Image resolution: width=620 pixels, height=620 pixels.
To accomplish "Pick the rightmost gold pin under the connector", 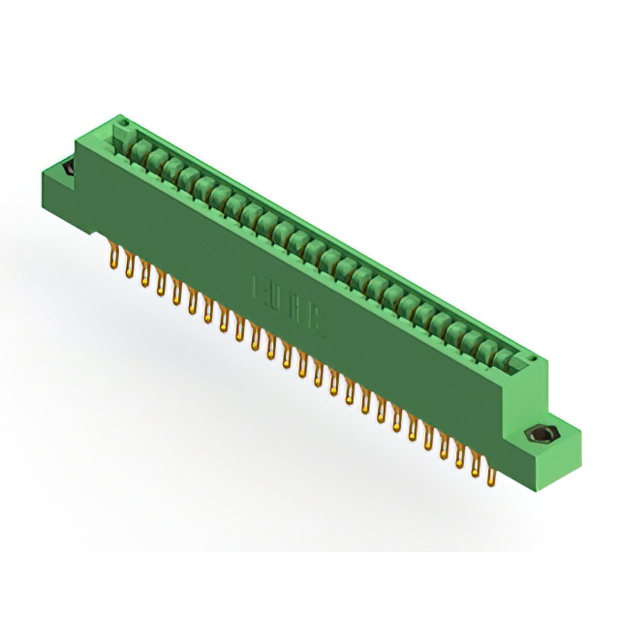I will click(491, 472).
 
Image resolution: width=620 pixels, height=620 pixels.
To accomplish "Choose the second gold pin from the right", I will click(476, 465).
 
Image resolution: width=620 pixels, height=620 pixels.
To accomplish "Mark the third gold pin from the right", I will click(460, 455).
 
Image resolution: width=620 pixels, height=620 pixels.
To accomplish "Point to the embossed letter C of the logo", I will click(317, 324).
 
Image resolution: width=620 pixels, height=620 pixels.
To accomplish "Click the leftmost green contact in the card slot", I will click(139, 148).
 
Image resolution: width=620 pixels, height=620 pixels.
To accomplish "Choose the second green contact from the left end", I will click(156, 158).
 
